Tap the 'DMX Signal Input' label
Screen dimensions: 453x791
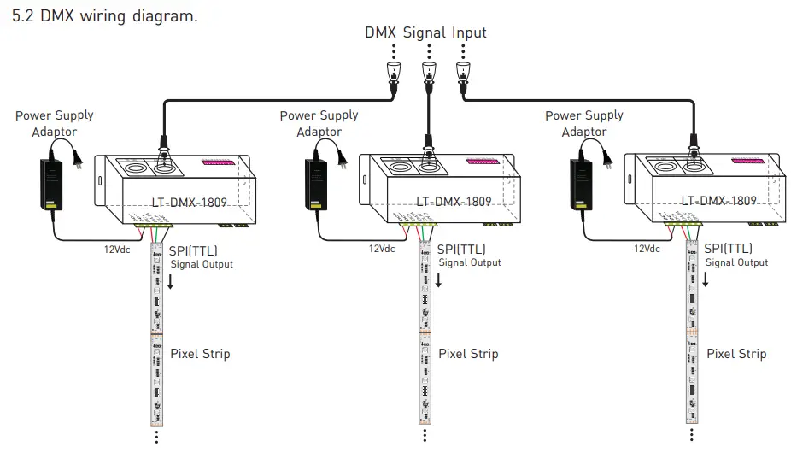(x=425, y=32)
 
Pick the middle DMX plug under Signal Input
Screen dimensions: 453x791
(x=427, y=74)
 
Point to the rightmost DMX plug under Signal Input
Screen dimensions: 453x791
(x=463, y=74)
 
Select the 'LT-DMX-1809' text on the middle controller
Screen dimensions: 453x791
(x=454, y=202)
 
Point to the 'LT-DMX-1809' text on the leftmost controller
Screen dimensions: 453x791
(x=189, y=202)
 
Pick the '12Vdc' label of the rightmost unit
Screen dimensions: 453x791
(x=647, y=249)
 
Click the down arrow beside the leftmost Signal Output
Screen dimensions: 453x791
(x=170, y=280)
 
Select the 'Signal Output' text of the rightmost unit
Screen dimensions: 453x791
(x=737, y=262)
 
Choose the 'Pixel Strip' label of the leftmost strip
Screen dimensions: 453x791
(x=200, y=353)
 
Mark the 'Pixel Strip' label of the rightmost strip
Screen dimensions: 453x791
(x=736, y=353)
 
